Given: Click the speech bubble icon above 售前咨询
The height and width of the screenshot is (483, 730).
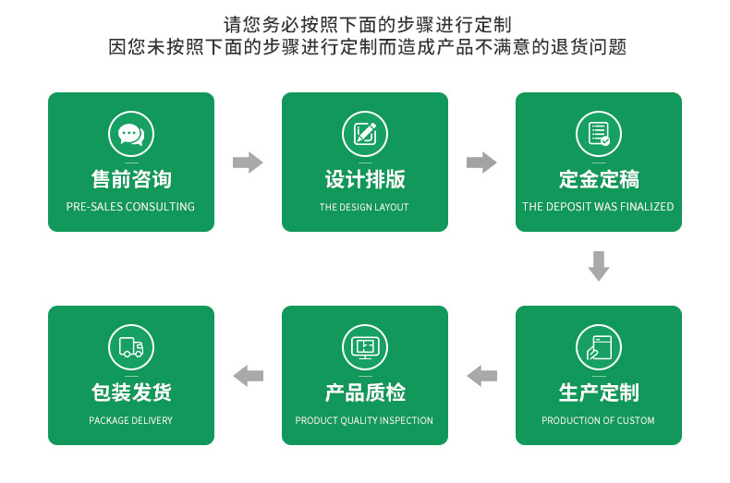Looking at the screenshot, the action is pos(130,134).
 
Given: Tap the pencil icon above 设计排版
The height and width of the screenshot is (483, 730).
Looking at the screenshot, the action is pos(364,134).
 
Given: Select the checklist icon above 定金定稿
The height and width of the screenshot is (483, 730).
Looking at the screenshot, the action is pos(598,134).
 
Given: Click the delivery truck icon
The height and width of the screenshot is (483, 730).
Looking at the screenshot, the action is pos(130,347).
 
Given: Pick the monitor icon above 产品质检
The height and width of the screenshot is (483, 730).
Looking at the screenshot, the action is pos(364,347).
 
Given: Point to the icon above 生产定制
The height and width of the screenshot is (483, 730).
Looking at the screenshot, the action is pos(598,347).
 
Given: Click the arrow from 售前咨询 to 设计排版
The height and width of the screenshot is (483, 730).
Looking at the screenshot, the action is pos(247,163).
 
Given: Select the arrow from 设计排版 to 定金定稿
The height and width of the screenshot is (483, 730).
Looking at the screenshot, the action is pos(481,163).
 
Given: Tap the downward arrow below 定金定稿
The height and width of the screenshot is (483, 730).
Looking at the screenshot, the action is pos(599,266).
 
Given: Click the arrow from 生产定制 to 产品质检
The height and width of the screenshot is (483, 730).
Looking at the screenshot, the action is pos(481,376).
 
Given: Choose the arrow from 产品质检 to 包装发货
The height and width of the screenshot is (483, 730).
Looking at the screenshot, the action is pos(248,376).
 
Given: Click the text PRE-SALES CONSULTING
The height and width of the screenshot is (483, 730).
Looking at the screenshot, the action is pos(130,207).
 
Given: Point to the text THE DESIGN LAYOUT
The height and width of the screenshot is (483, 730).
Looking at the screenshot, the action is pos(364,207).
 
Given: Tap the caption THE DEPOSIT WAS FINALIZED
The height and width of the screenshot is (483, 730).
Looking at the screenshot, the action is pos(598,207).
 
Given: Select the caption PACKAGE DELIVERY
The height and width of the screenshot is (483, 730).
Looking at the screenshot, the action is pos(130,420).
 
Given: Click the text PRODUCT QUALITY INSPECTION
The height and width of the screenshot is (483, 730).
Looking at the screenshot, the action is pos(364,420).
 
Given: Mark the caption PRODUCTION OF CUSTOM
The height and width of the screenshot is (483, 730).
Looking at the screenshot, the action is pos(598,420).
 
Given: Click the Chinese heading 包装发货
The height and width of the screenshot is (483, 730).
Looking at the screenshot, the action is pos(130,392).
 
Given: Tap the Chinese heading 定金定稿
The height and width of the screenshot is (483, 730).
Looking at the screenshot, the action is pos(598,179).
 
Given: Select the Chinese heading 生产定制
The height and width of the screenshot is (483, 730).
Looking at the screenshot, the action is pos(598,392).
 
